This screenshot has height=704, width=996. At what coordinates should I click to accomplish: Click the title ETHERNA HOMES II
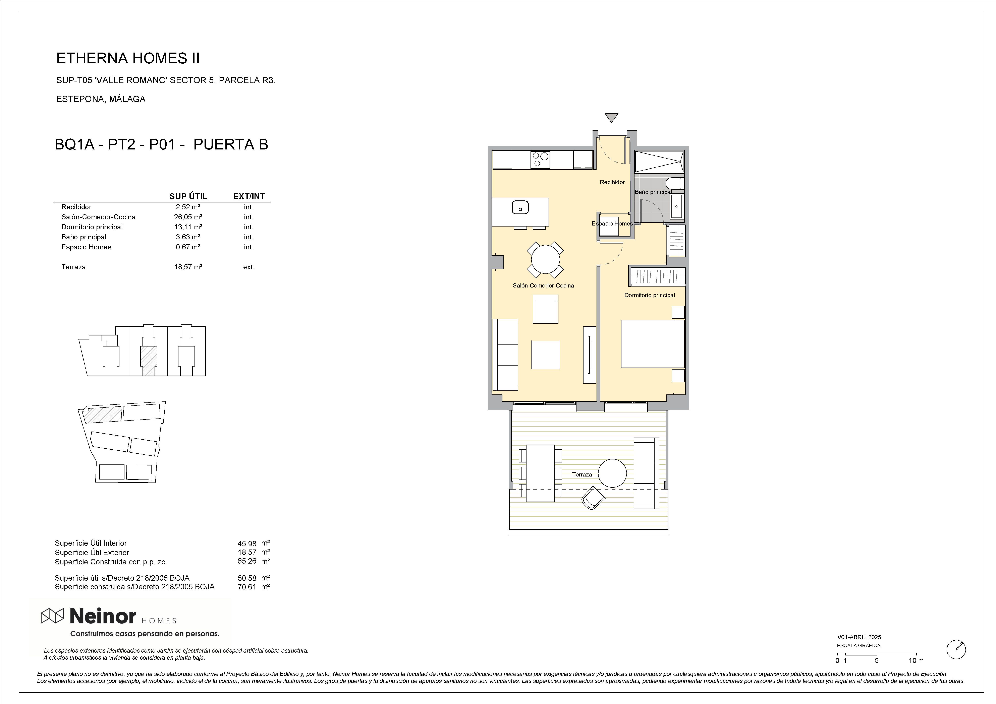point(128,59)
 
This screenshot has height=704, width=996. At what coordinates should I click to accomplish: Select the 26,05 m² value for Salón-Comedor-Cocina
point(188,217)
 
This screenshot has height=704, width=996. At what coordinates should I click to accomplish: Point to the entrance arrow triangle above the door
point(611,118)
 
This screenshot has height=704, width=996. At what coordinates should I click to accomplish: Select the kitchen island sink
point(520,208)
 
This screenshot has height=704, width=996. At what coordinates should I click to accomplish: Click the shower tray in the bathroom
point(659,161)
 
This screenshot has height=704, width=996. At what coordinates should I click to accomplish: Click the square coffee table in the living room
point(545,355)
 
